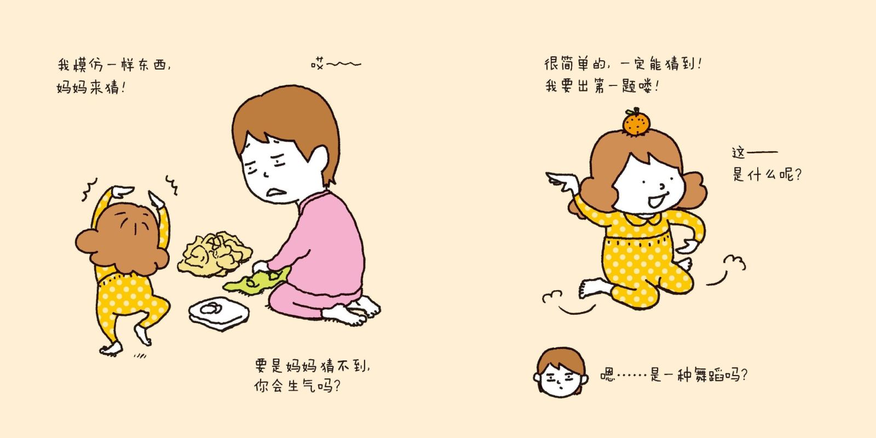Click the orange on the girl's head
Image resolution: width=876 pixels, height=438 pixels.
(x=636, y=123)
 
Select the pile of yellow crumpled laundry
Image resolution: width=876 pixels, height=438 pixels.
(x=214, y=254)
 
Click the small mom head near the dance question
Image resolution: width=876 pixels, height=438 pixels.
(x=561, y=372)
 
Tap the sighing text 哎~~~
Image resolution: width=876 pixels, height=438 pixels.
(x=336, y=64)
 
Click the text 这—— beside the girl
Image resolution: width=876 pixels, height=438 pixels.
(x=755, y=152)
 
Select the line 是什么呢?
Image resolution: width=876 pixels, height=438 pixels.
(x=767, y=174)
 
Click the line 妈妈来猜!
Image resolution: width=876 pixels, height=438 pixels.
(x=91, y=87)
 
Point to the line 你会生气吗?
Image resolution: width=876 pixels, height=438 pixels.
(x=297, y=387)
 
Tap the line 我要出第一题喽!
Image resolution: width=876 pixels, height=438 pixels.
(x=602, y=86)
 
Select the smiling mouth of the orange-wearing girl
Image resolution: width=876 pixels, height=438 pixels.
(x=655, y=200)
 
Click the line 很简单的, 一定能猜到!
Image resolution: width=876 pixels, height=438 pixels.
(x=623, y=64)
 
